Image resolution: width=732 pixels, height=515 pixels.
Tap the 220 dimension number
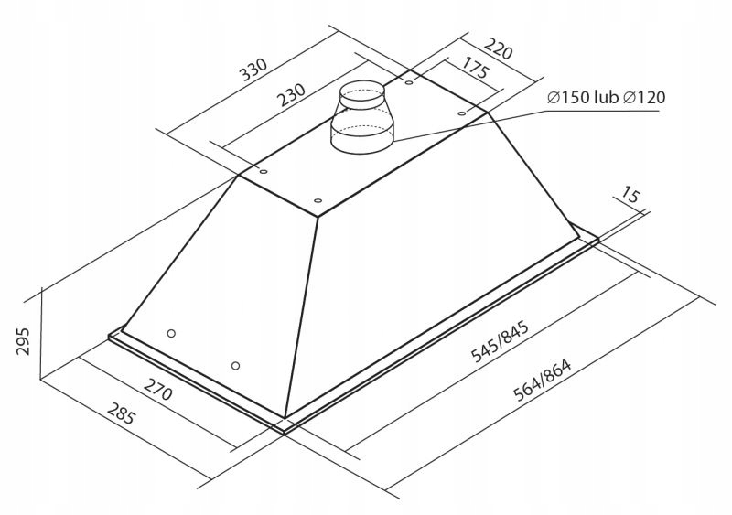coord(497,48)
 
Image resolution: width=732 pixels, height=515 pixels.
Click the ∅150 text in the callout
coord(567,98)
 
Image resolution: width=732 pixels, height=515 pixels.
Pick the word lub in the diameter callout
coord(607,98)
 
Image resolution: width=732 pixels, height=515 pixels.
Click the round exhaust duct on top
coord(362,120)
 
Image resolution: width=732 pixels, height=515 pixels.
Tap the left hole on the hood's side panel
coord(171,333)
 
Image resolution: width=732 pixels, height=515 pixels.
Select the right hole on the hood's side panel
coord(236,366)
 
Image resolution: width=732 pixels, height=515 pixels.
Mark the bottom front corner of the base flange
coord(286,426)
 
